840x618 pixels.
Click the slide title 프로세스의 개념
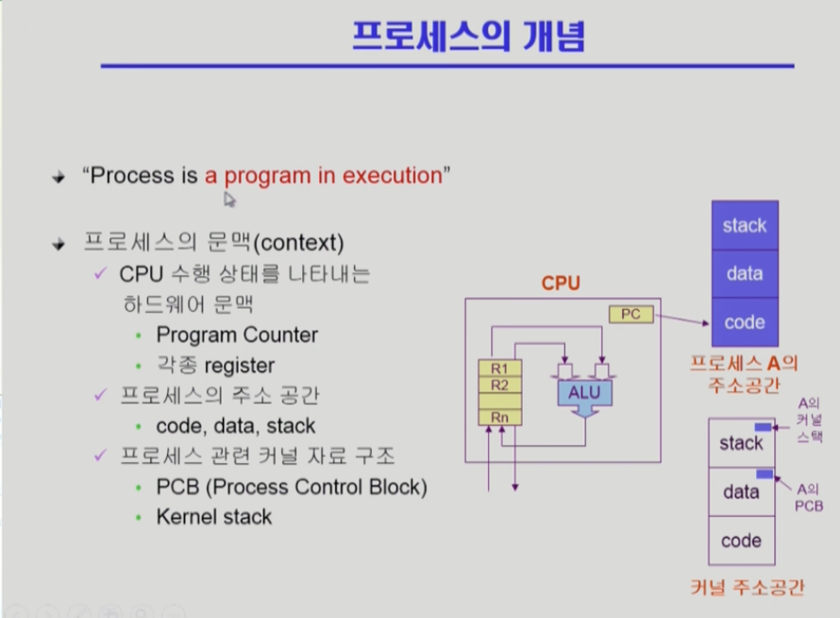coord(469,38)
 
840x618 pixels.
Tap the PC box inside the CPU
coord(631,315)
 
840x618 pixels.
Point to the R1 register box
coord(500,369)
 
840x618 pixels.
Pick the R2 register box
coord(500,385)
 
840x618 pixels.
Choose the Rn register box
coord(500,417)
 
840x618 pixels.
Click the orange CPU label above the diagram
coord(561,283)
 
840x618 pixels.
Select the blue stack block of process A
coord(744,226)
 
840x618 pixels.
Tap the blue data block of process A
coord(744,274)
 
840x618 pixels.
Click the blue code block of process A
coord(744,322)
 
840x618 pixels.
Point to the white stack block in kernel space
coord(741,443)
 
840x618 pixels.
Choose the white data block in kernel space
coord(741,491)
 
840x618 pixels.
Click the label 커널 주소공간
coord(747,588)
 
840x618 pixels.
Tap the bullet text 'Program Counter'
coord(237,335)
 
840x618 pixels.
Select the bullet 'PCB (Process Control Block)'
coord(292,488)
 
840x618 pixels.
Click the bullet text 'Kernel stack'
coord(214,517)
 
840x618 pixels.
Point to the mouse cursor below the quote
coord(228,198)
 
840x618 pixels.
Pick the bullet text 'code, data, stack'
coord(236,426)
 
